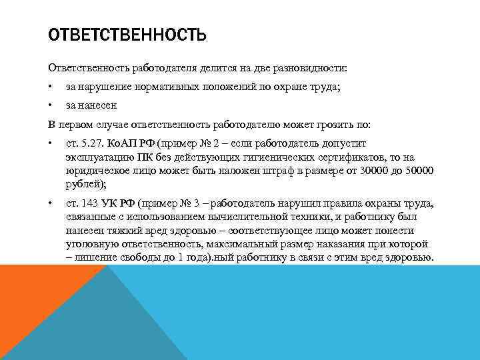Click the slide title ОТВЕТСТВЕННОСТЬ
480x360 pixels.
pyautogui.click(x=127, y=34)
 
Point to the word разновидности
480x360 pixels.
pyautogui.click(x=324, y=68)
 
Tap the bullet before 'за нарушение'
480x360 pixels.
pyautogui.click(x=50, y=87)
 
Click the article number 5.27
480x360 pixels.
pyautogui.click(x=90, y=143)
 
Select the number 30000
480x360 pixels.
pyautogui.click(x=367, y=171)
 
